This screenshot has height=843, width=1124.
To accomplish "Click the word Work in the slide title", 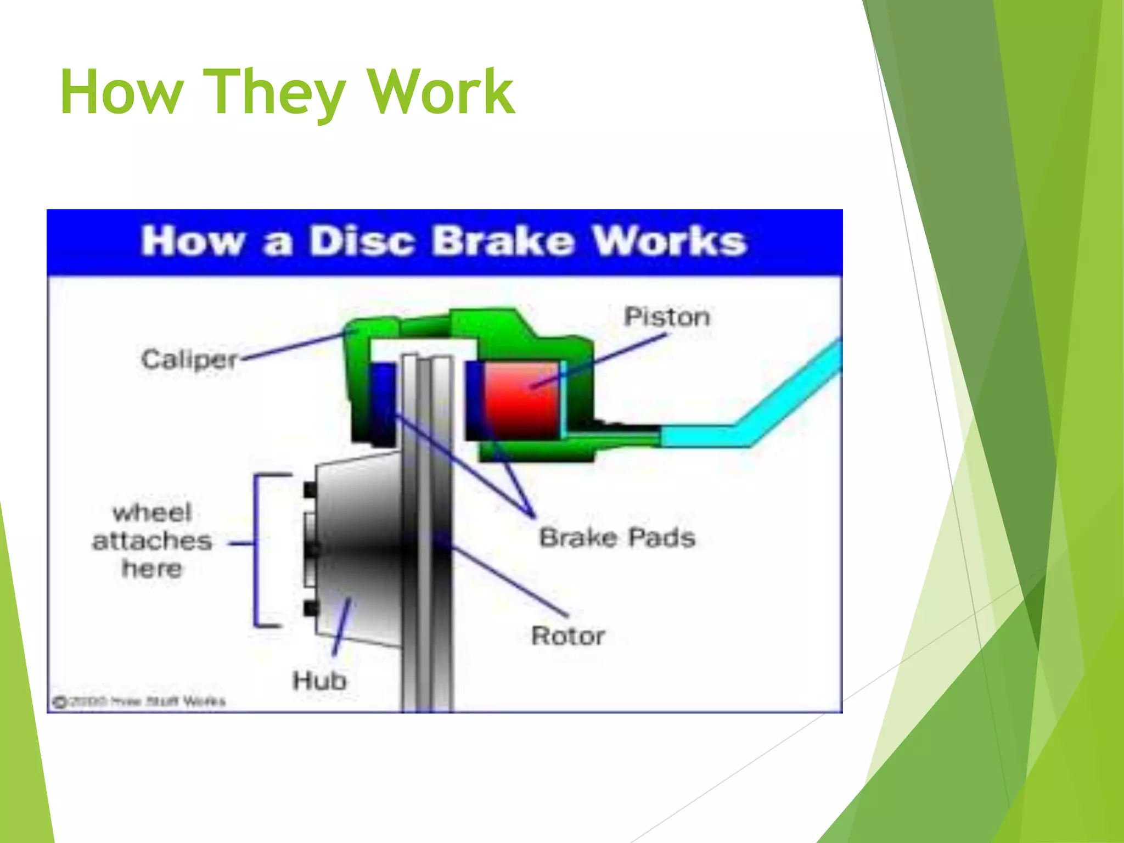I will [x=441, y=92].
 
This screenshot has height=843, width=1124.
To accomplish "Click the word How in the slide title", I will [x=121, y=92].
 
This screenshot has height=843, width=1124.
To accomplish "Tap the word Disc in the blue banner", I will [x=361, y=241].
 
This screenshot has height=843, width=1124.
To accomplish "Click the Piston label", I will [x=667, y=317].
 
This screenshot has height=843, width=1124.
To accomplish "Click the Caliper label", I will [x=189, y=360].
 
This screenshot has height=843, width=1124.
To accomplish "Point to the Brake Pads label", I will [x=617, y=537].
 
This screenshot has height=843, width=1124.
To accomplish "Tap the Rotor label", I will [x=568, y=636].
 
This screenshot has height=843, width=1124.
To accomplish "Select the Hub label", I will [x=319, y=681].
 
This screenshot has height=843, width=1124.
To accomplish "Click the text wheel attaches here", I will [x=152, y=541].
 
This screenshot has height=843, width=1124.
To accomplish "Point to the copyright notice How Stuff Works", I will [x=139, y=701].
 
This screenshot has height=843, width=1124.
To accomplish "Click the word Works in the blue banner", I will [x=670, y=241].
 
